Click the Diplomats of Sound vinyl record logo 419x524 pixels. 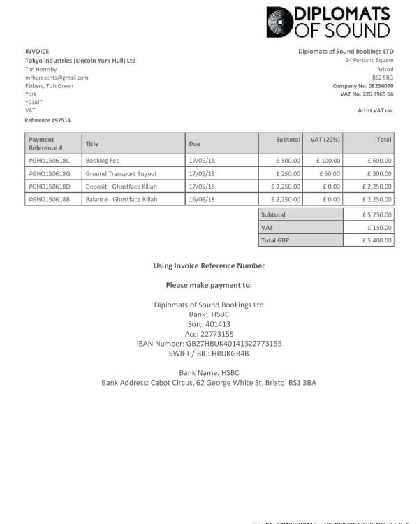[x=281, y=22]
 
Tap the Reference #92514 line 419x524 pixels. [x=47, y=120]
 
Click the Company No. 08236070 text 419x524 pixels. [x=363, y=86]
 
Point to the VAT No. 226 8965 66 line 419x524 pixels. [x=367, y=94]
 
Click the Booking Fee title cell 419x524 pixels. [x=103, y=161]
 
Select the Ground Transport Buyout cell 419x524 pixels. [x=121, y=173]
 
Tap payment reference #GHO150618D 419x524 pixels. [x=50, y=187]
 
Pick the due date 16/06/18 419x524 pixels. [x=202, y=199]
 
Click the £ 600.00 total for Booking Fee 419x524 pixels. [x=380, y=161]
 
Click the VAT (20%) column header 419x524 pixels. [x=325, y=140]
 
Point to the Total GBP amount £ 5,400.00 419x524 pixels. [x=377, y=240]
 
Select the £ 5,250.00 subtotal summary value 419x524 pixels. [x=377, y=214]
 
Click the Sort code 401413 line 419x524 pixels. [x=209, y=324]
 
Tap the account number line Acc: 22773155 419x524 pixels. [x=209, y=334]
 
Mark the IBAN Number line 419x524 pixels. [x=209, y=344]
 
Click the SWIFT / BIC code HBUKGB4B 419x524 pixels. [x=209, y=354]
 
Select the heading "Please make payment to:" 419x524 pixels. [x=209, y=285]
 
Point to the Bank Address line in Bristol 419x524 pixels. [x=209, y=383]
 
